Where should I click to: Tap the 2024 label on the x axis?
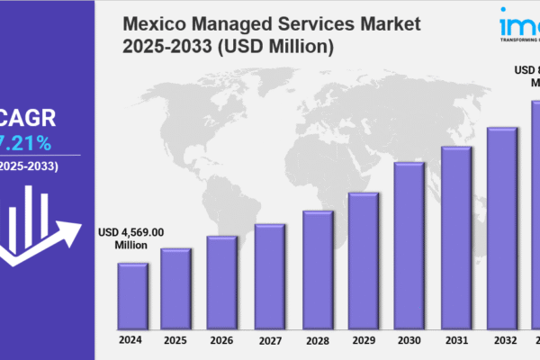[x=131, y=339]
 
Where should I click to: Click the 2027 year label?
[x=269, y=339]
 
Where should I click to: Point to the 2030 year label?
[x=409, y=339]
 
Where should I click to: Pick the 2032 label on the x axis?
[x=502, y=339]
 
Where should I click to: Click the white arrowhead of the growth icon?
[x=65, y=219]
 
